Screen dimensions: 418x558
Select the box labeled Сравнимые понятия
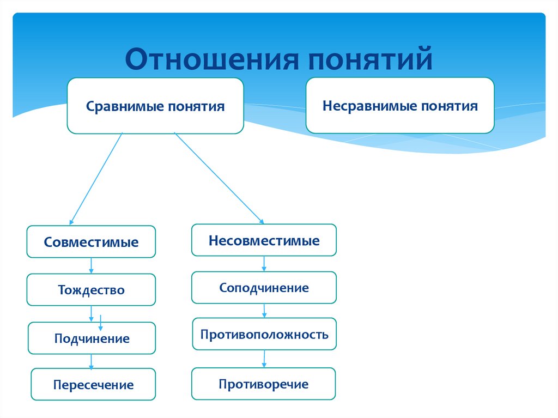[x=155, y=106]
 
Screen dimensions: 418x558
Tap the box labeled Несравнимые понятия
[x=400, y=105]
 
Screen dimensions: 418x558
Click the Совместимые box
[x=91, y=241]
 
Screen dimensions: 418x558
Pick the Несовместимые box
[x=264, y=240]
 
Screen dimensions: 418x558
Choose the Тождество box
[x=91, y=289]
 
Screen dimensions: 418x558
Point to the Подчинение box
[x=92, y=338]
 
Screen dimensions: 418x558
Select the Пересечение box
[x=93, y=385]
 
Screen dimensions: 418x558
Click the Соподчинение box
[x=264, y=287]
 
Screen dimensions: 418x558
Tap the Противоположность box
[x=264, y=334]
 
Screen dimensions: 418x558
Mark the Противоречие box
[x=264, y=384]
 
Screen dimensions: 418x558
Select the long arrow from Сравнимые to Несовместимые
[x=219, y=178]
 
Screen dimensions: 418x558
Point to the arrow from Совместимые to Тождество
[x=91, y=265]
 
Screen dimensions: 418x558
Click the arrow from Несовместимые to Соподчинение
[x=264, y=263]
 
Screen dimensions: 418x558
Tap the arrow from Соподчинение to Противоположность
[x=264, y=311]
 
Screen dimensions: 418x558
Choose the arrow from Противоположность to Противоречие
[x=264, y=358]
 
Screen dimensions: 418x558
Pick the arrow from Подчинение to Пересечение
[x=91, y=361]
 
